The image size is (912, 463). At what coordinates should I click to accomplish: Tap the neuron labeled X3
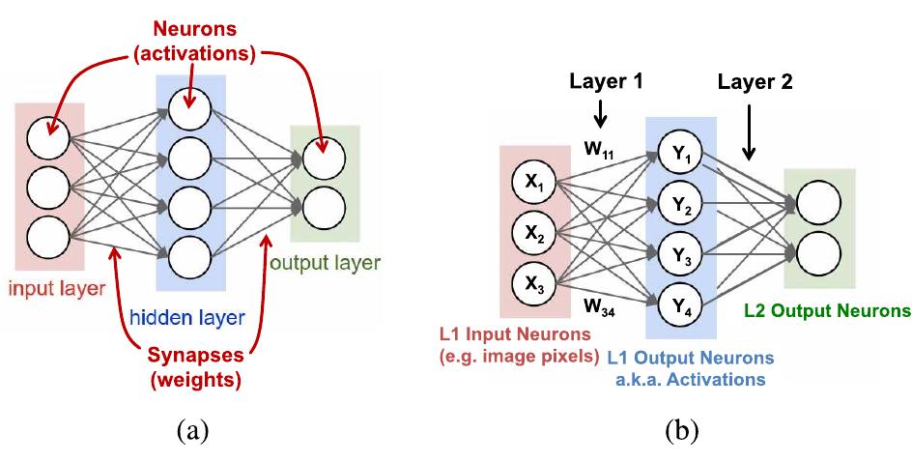click(533, 285)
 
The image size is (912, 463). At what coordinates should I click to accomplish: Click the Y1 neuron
click(680, 151)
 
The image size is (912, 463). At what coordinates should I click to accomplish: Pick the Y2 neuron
click(680, 204)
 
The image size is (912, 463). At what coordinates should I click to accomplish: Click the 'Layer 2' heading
click(755, 82)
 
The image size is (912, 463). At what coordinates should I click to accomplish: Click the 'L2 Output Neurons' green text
click(827, 311)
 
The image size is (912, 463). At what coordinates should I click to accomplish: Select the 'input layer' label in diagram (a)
click(49, 287)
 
